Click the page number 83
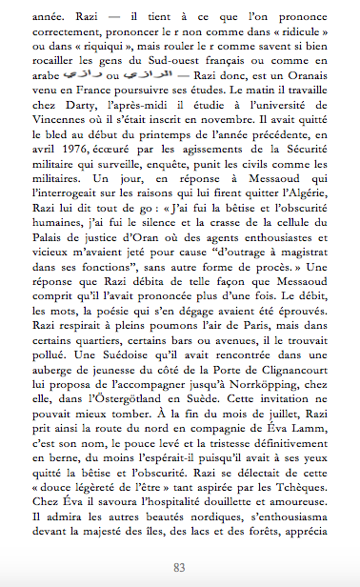pos(178,567)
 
